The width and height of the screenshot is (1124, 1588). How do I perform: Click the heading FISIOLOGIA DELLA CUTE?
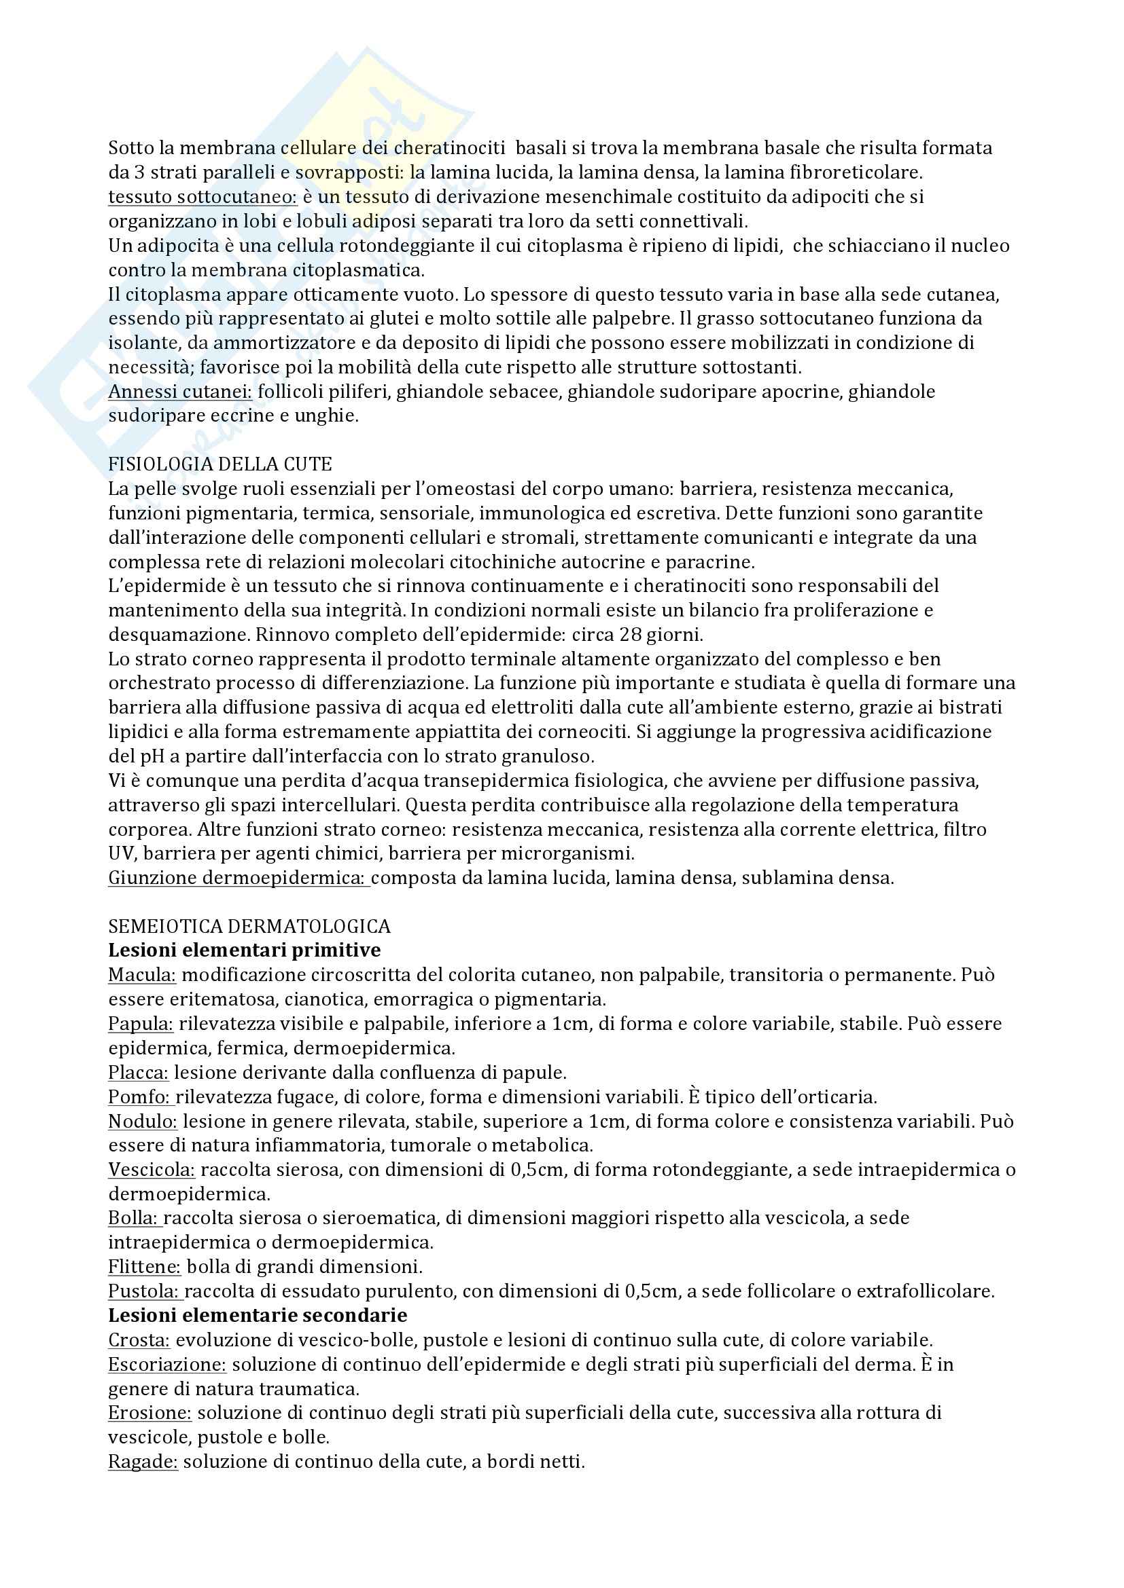[220, 464]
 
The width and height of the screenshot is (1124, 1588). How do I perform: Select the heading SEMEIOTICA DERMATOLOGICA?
[249, 925]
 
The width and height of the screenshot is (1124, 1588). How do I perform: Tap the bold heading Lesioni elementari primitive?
[245, 950]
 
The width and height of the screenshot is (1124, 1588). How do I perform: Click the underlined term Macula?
[142, 974]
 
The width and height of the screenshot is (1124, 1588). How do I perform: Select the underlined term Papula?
[141, 1023]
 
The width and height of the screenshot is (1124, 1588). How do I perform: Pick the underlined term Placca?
[139, 1072]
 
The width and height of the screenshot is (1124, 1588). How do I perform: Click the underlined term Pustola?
[144, 1291]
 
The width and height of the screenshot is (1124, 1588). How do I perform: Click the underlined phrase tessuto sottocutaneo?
[202, 197]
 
